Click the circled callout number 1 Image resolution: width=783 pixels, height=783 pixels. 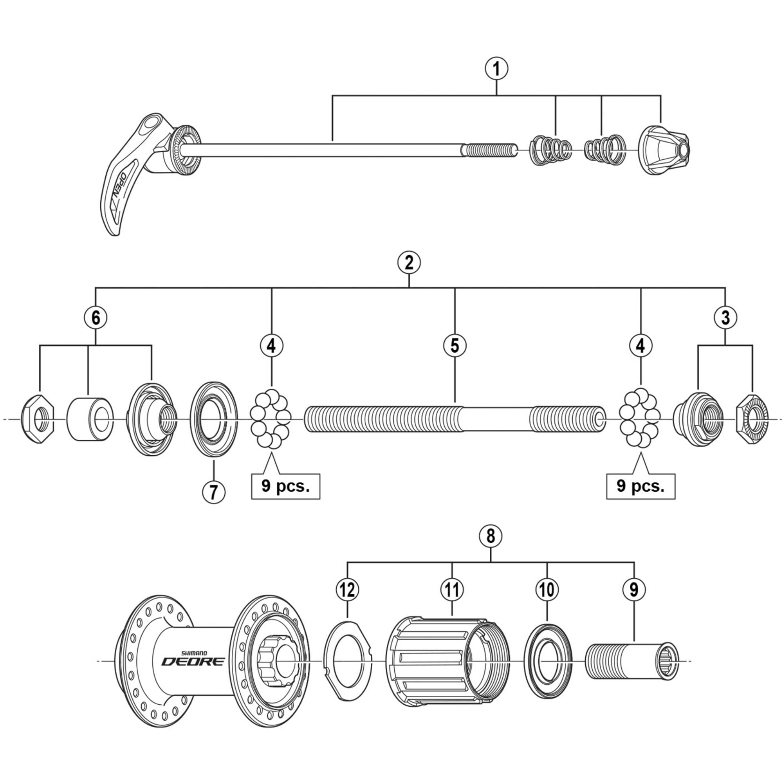pos(496,69)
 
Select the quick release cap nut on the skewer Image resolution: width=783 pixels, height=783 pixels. pos(663,150)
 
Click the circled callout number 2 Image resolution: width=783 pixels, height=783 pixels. pos(409,263)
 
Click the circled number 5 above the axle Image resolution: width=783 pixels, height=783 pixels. pos(455,345)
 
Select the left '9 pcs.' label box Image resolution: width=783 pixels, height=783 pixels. pos(286,486)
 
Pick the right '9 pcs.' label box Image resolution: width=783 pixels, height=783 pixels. pos(641,486)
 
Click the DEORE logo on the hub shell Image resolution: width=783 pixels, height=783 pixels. pos(193,661)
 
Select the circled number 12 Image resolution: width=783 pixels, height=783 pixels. pos(348,590)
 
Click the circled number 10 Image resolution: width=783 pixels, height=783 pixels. pos(547,590)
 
